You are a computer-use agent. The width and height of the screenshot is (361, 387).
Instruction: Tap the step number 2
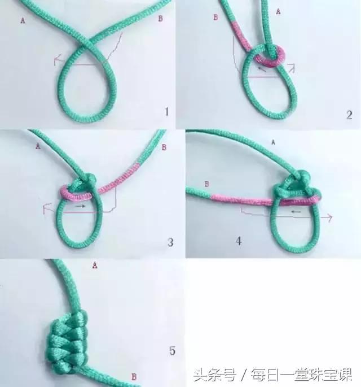349,115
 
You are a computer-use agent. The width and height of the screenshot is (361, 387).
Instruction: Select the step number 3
170,243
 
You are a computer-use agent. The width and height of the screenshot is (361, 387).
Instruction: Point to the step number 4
239,241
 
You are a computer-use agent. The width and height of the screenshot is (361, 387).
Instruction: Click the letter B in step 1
161,19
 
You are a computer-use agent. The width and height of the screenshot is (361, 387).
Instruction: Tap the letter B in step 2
215,18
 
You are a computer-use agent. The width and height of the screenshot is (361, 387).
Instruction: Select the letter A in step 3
38,146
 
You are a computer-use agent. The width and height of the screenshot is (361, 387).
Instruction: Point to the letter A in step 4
273,142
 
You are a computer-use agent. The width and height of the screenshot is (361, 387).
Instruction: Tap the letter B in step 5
133,376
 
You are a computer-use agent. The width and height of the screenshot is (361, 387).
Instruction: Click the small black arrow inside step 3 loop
80,207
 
